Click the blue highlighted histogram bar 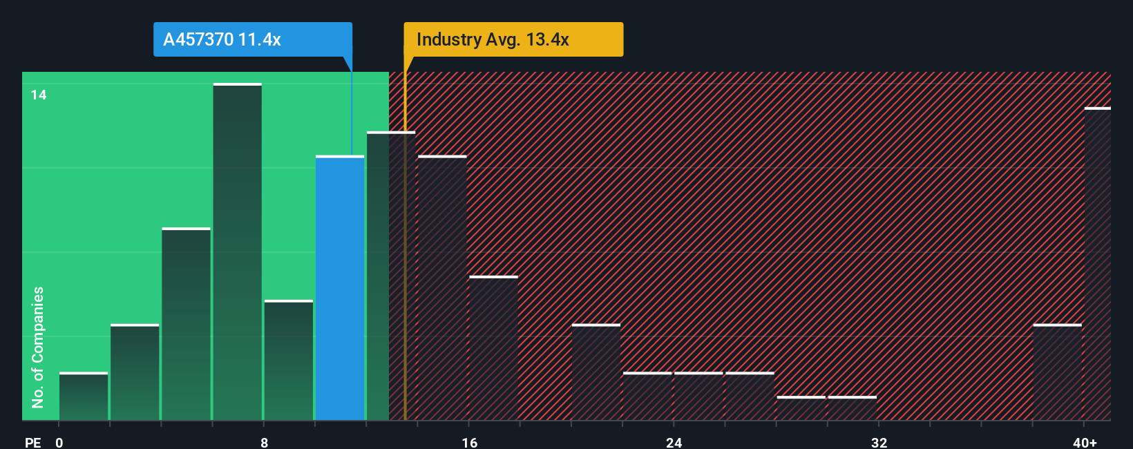coord(340,288)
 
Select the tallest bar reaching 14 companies coord(238,252)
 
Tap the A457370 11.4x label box coord(252,39)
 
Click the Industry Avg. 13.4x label coord(513,39)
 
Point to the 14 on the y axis coord(39,95)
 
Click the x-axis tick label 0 coord(59,442)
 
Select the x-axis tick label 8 coord(264,442)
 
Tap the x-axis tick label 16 coord(469,442)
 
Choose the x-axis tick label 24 coord(674,442)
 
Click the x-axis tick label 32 coord(879,442)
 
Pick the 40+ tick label coord(1085,442)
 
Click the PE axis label coord(33,442)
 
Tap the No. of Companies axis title coord(38,347)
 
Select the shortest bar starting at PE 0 coord(84,397)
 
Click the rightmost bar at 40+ coord(1098,264)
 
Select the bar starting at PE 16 coord(493,348)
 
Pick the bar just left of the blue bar coord(289,361)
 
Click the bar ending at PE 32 coord(853,408)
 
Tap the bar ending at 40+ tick coord(1057,372)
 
